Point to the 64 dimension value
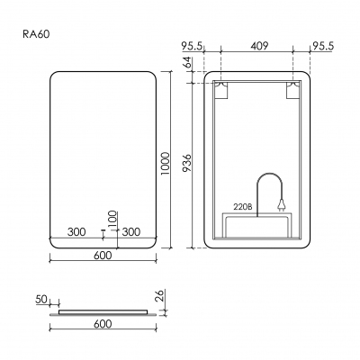click(185, 63)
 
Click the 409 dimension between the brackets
click(256, 44)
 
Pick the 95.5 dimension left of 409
click(192, 44)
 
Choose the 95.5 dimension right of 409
click(323, 44)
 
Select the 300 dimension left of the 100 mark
click(77, 232)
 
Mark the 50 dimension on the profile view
click(40, 297)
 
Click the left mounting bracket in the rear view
click(220, 90)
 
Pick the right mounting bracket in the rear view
click(292, 90)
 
